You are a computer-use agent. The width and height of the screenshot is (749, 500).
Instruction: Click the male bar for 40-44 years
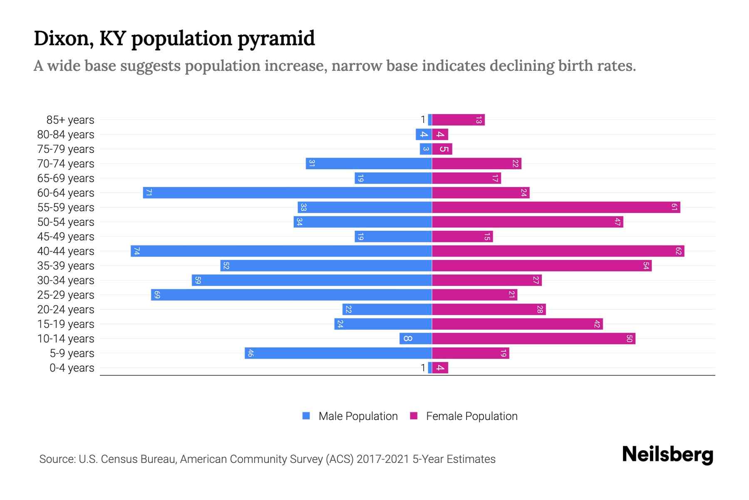pyautogui.click(x=281, y=251)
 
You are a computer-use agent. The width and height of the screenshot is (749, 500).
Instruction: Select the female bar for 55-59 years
pyautogui.click(x=556, y=207)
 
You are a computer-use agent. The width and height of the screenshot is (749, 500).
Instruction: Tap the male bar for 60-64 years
pyautogui.click(x=287, y=193)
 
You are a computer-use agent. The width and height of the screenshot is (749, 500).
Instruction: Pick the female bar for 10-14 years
pyautogui.click(x=533, y=339)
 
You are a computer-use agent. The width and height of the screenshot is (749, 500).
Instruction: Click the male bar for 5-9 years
pyautogui.click(x=338, y=353)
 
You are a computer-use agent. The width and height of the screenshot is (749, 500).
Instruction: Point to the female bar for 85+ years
pyautogui.click(x=458, y=120)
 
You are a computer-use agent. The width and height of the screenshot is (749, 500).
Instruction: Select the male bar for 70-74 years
pyautogui.click(x=369, y=164)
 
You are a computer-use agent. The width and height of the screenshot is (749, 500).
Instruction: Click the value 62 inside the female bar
pyautogui.click(x=678, y=251)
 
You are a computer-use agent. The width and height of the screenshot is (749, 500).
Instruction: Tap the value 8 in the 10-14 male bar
pyautogui.click(x=408, y=339)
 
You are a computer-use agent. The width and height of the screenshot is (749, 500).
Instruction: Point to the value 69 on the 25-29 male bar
pyautogui.click(x=157, y=295)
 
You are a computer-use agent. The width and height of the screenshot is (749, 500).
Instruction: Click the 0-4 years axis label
pyautogui.click(x=72, y=368)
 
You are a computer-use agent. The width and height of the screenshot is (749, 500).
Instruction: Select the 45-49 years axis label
pyautogui.click(x=66, y=237)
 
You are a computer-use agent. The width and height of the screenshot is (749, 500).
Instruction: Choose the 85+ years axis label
pyautogui.click(x=70, y=120)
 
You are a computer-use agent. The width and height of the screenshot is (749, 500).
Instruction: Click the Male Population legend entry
pyautogui.click(x=358, y=416)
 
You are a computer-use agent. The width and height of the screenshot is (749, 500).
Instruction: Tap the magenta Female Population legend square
pyautogui.click(x=414, y=416)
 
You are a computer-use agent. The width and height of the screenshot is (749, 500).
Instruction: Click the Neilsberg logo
pyautogui.click(x=667, y=455)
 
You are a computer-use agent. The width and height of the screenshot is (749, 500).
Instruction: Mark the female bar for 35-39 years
pyautogui.click(x=541, y=266)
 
